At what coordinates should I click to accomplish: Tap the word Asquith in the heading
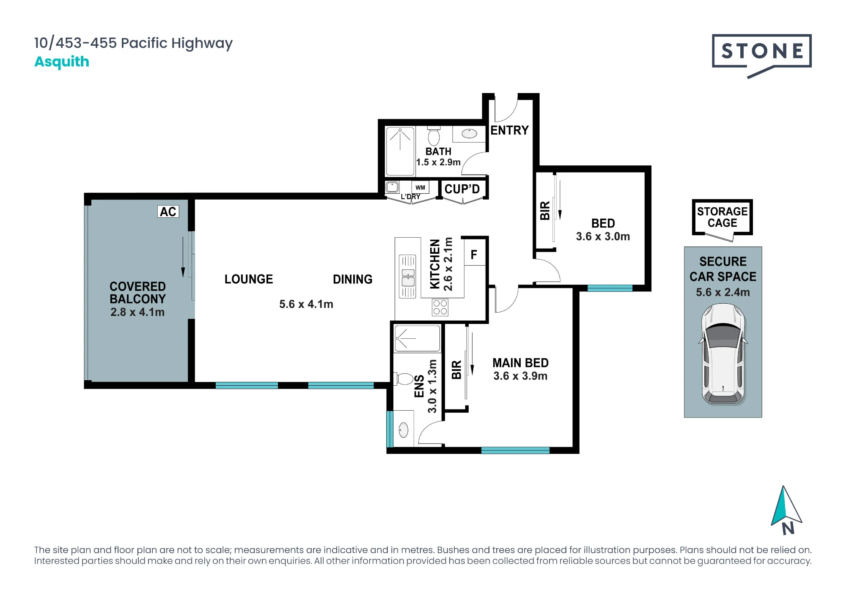click(62, 62)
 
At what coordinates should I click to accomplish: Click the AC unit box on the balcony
click(168, 211)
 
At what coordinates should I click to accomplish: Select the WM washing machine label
click(420, 187)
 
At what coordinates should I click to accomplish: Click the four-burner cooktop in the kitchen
click(440, 307)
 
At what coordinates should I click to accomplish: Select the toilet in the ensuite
click(404, 379)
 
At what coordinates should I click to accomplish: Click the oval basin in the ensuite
click(404, 430)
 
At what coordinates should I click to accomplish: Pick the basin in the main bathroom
click(469, 134)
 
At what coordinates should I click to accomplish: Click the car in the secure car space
click(723, 354)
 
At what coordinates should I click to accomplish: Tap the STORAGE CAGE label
click(722, 217)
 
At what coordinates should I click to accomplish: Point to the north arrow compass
click(786, 510)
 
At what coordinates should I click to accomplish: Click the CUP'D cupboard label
click(462, 189)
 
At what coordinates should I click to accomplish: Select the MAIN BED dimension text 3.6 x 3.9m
click(520, 376)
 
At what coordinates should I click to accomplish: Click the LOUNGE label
click(249, 279)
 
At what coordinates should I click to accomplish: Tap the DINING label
click(353, 279)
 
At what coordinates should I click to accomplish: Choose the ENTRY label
click(509, 130)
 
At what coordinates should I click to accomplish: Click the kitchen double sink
click(408, 277)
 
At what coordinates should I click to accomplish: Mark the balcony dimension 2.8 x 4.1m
click(137, 312)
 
